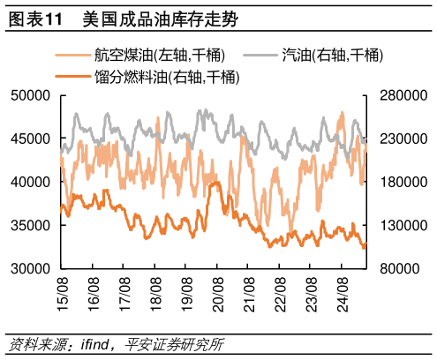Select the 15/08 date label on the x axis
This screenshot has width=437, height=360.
[62, 290]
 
